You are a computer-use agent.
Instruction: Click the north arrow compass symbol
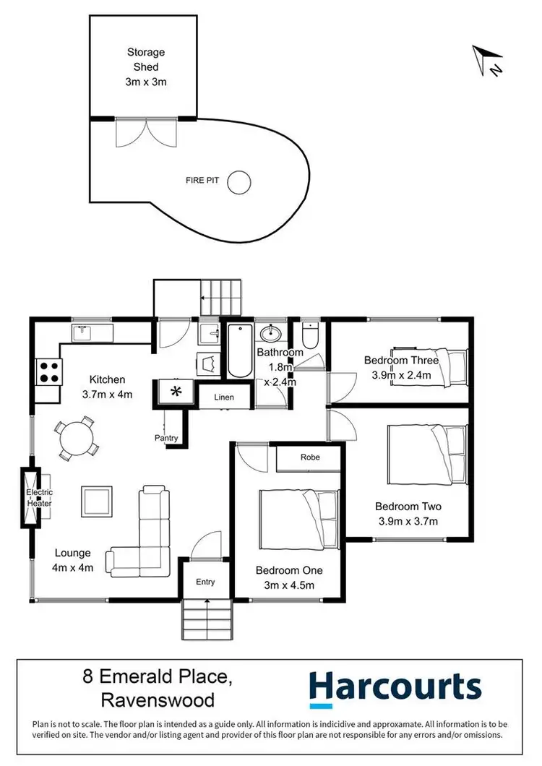(x=486, y=61)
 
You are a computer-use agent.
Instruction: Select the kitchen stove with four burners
(x=48, y=371)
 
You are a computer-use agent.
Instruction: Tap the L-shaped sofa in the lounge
(x=145, y=535)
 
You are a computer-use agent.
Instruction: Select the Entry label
(x=205, y=582)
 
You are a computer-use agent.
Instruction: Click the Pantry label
(x=166, y=438)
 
